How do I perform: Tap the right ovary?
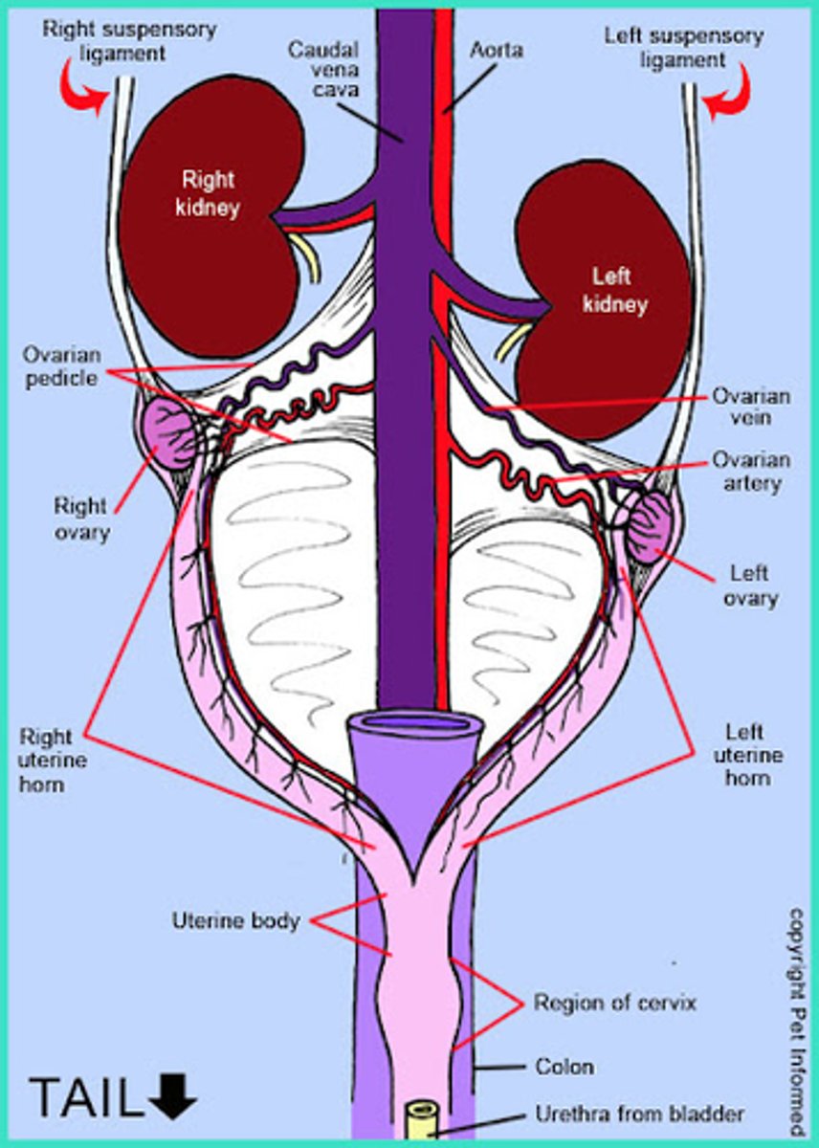169,433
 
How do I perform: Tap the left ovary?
652,527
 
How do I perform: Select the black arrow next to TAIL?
173,1096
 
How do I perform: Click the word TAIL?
84,1096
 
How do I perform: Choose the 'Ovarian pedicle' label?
60,366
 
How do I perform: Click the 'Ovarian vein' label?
750,406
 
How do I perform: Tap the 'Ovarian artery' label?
751,472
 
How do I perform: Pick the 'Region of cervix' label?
615,1004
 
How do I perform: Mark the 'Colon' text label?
564,1066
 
